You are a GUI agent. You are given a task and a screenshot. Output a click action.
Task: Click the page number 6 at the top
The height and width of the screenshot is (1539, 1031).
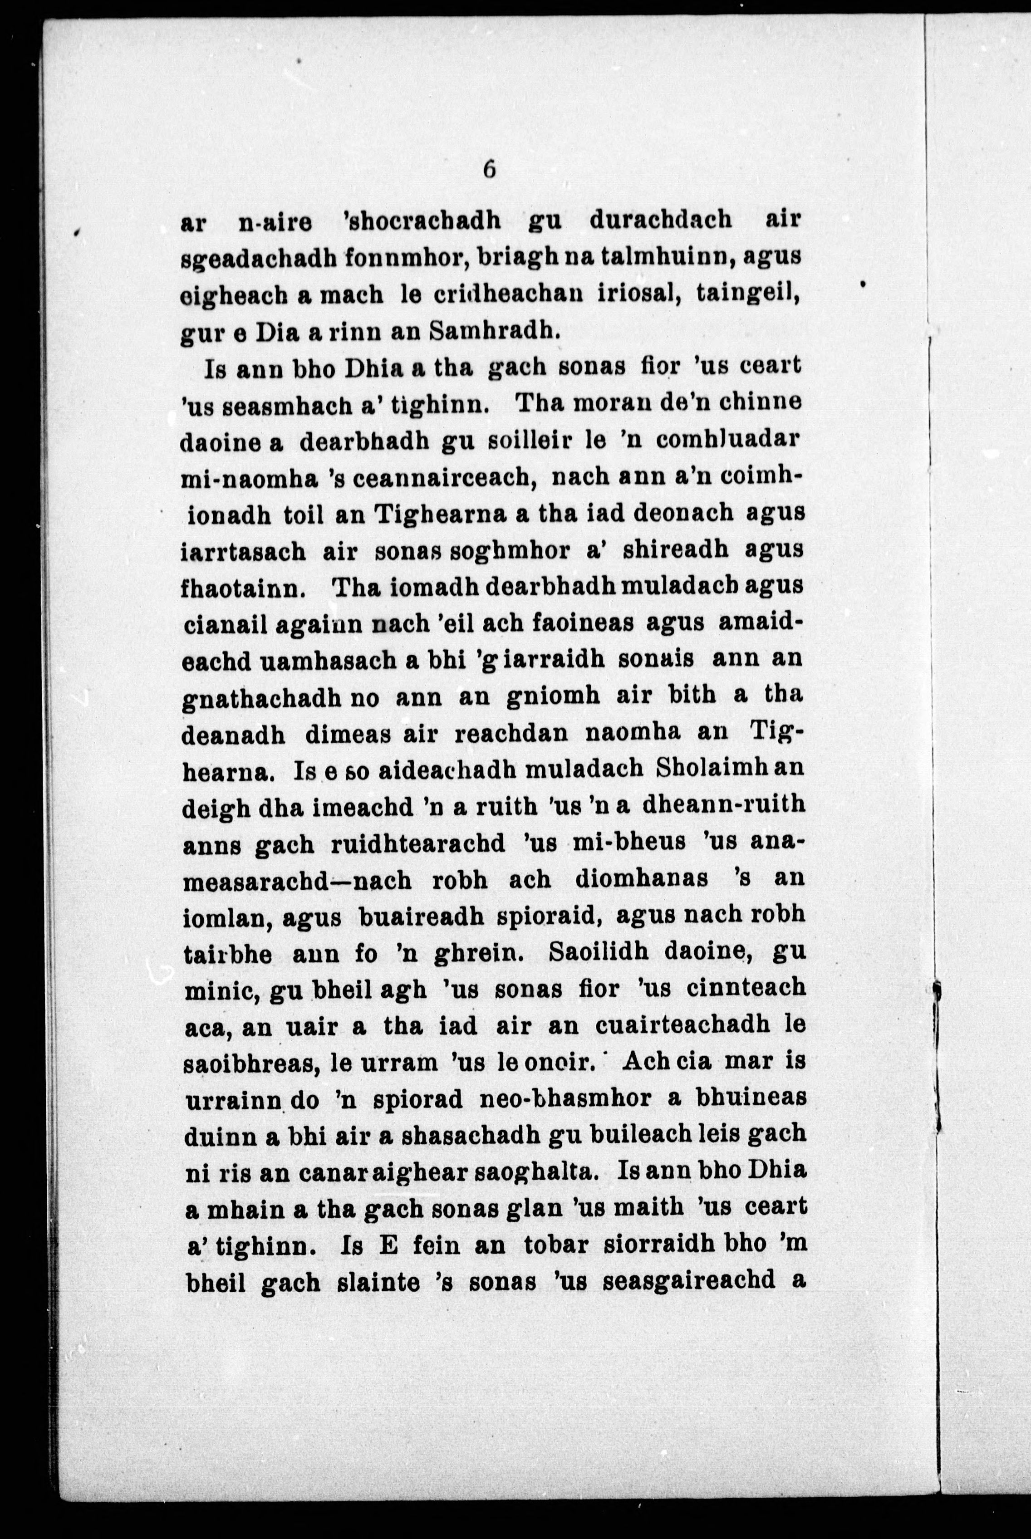click(x=489, y=170)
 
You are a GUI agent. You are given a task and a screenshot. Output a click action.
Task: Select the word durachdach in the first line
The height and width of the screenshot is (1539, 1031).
click(x=660, y=220)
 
